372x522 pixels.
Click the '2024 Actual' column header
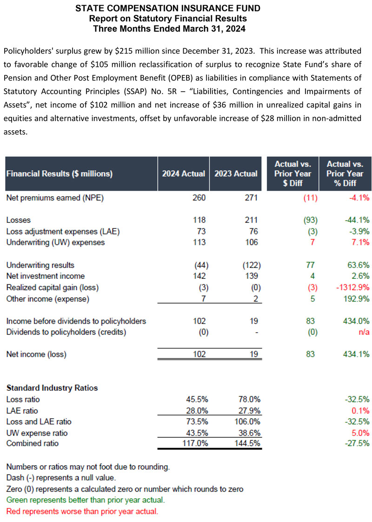coord(183,174)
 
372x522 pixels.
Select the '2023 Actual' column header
coord(236,174)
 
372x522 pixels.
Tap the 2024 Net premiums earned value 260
coord(199,198)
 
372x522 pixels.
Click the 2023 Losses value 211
coord(252,220)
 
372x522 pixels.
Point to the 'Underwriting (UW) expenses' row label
coord(55,242)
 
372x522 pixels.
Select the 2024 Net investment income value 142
coord(199,276)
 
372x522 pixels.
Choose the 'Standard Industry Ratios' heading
coord(52,388)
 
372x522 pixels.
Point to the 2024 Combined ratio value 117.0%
coord(196,443)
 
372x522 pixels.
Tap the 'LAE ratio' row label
coord(22,410)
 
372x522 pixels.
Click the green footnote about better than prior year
coord(86,500)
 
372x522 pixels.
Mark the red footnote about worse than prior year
coord(82,511)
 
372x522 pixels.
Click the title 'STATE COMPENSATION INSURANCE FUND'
coord(167,8)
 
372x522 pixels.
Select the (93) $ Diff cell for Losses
coord(308,220)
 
